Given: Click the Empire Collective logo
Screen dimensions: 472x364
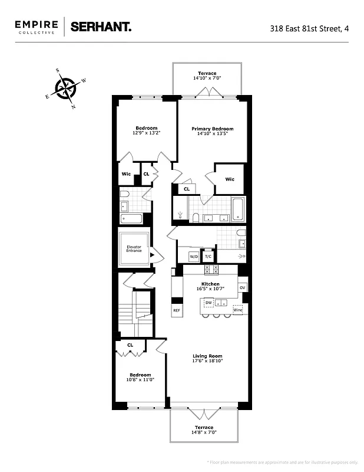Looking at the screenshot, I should (37, 27).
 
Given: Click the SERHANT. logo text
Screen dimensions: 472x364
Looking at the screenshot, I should (101, 27).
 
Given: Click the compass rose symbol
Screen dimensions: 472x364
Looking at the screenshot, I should (65, 88).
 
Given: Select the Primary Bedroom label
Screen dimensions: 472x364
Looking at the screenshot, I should (212, 129).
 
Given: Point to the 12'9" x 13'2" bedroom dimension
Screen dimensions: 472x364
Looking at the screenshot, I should (146, 133).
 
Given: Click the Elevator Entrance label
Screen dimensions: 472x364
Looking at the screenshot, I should (134, 248).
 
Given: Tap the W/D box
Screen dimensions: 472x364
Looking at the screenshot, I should (193, 257).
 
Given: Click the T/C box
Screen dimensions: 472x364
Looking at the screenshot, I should (208, 257).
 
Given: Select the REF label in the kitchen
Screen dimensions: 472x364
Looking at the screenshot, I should (176, 310).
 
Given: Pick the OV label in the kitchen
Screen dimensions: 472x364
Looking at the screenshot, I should (242, 288).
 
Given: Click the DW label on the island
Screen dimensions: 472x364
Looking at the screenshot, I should (209, 303).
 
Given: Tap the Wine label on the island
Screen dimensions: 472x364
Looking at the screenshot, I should (237, 310).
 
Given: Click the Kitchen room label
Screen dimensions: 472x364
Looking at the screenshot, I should (210, 284).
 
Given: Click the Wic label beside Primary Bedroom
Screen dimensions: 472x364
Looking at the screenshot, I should (229, 179).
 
